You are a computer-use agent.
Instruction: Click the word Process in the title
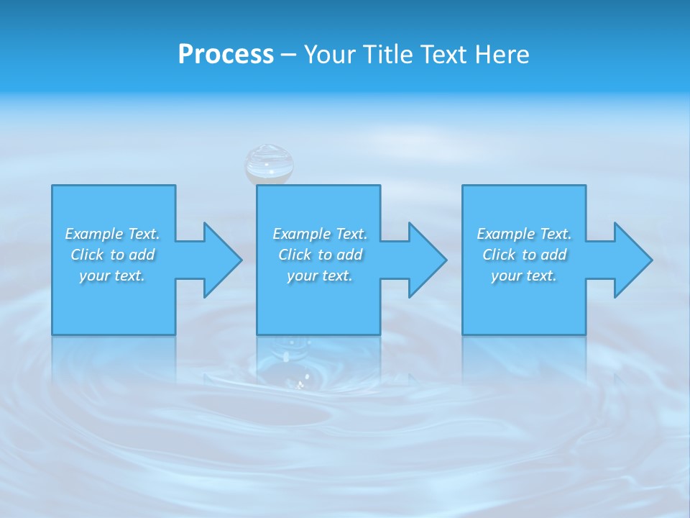click(x=226, y=55)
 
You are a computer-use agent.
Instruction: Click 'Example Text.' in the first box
click(x=113, y=234)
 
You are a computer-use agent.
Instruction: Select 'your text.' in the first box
click(x=113, y=276)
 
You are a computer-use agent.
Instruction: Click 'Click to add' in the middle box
click(x=320, y=255)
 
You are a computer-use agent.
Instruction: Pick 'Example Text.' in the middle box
click(x=320, y=234)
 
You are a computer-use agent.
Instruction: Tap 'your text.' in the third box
click(x=524, y=276)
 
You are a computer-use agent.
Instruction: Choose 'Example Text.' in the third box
click(x=524, y=234)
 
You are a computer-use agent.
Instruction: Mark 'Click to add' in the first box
click(x=113, y=255)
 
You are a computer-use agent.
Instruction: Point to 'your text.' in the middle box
click(x=320, y=276)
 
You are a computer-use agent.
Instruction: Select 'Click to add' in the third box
click(x=524, y=255)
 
